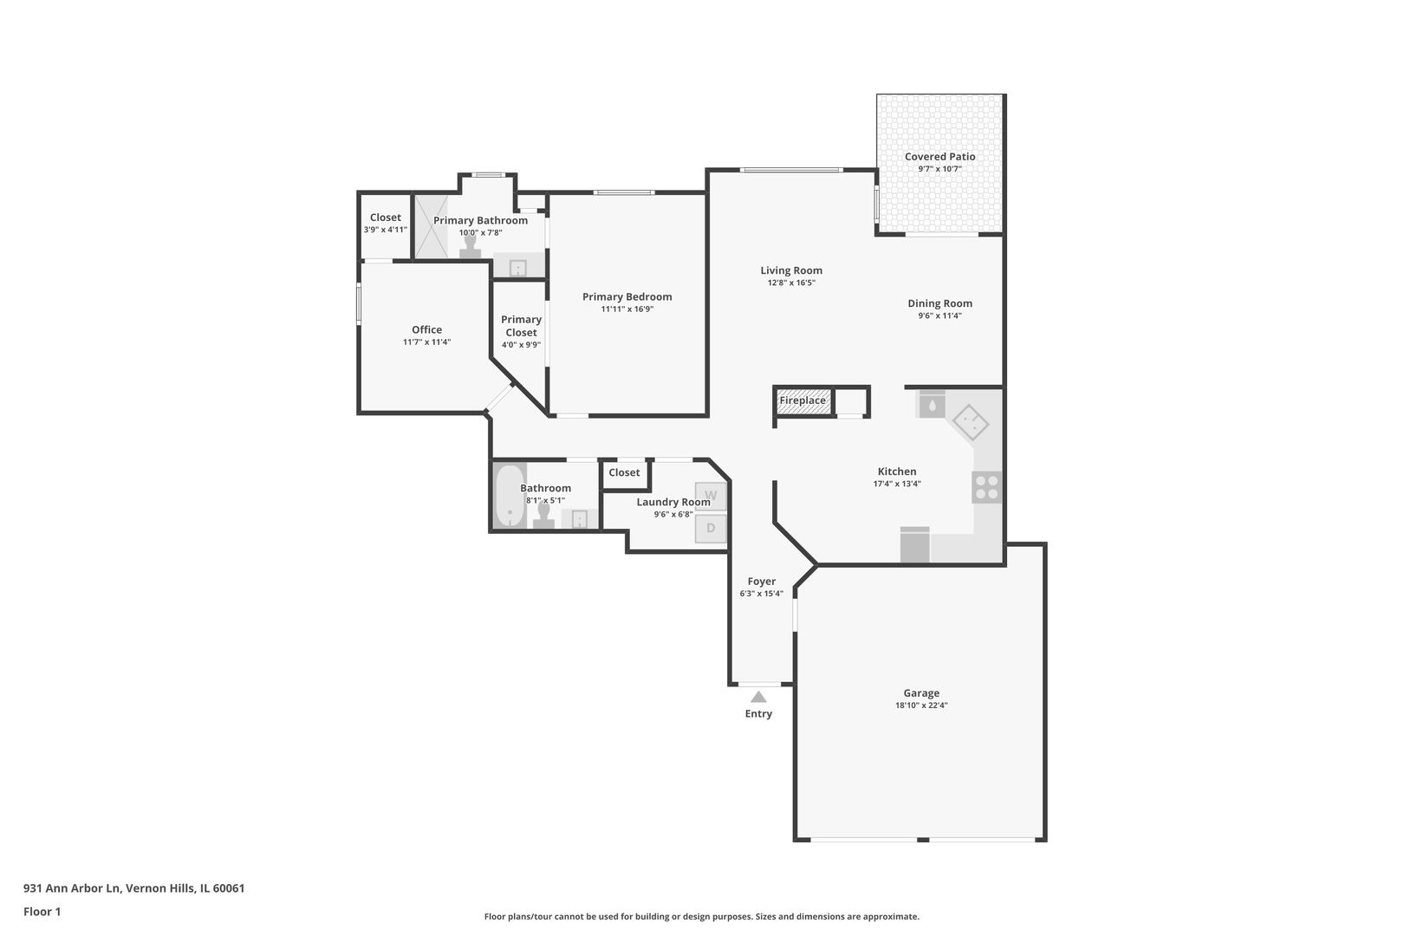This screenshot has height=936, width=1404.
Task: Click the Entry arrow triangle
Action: pyautogui.click(x=758, y=697)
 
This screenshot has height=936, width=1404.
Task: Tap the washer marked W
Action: pyautogui.click(x=711, y=496)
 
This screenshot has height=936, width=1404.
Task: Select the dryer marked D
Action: pyautogui.click(x=711, y=529)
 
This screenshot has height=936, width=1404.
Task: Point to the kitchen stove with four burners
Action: pyautogui.click(x=987, y=487)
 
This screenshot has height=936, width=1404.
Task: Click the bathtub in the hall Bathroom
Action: pyautogui.click(x=510, y=497)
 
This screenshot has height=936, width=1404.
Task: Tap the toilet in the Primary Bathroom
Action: pyautogui.click(x=470, y=246)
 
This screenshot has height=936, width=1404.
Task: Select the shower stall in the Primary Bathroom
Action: pyautogui.click(x=432, y=226)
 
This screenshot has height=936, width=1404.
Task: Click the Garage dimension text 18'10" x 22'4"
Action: pyautogui.click(x=921, y=705)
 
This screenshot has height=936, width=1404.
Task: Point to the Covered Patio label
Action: pyautogui.click(x=940, y=157)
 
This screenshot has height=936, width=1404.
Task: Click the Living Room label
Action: pyautogui.click(x=791, y=270)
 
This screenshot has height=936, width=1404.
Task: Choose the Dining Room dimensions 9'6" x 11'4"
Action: pyautogui.click(x=940, y=315)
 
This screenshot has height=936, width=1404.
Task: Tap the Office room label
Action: pyautogui.click(x=427, y=329)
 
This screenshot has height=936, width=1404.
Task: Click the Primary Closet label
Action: pyautogui.click(x=522, y=326)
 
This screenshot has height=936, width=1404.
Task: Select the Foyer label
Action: pyautogui.click(x=762, y=582)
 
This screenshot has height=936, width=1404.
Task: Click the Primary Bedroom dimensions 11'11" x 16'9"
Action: pyautogui.click(x=627, y=309)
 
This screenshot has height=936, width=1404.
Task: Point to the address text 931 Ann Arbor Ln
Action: pyautogui.click(x=72, y=888)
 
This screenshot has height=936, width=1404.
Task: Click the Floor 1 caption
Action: pyautogui.click(x=42, y=912)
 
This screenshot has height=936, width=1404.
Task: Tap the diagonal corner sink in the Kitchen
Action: pyautogui.click(x=971, y=422)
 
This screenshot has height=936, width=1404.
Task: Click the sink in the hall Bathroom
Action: pyautogui.click(x=579, y=519)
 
